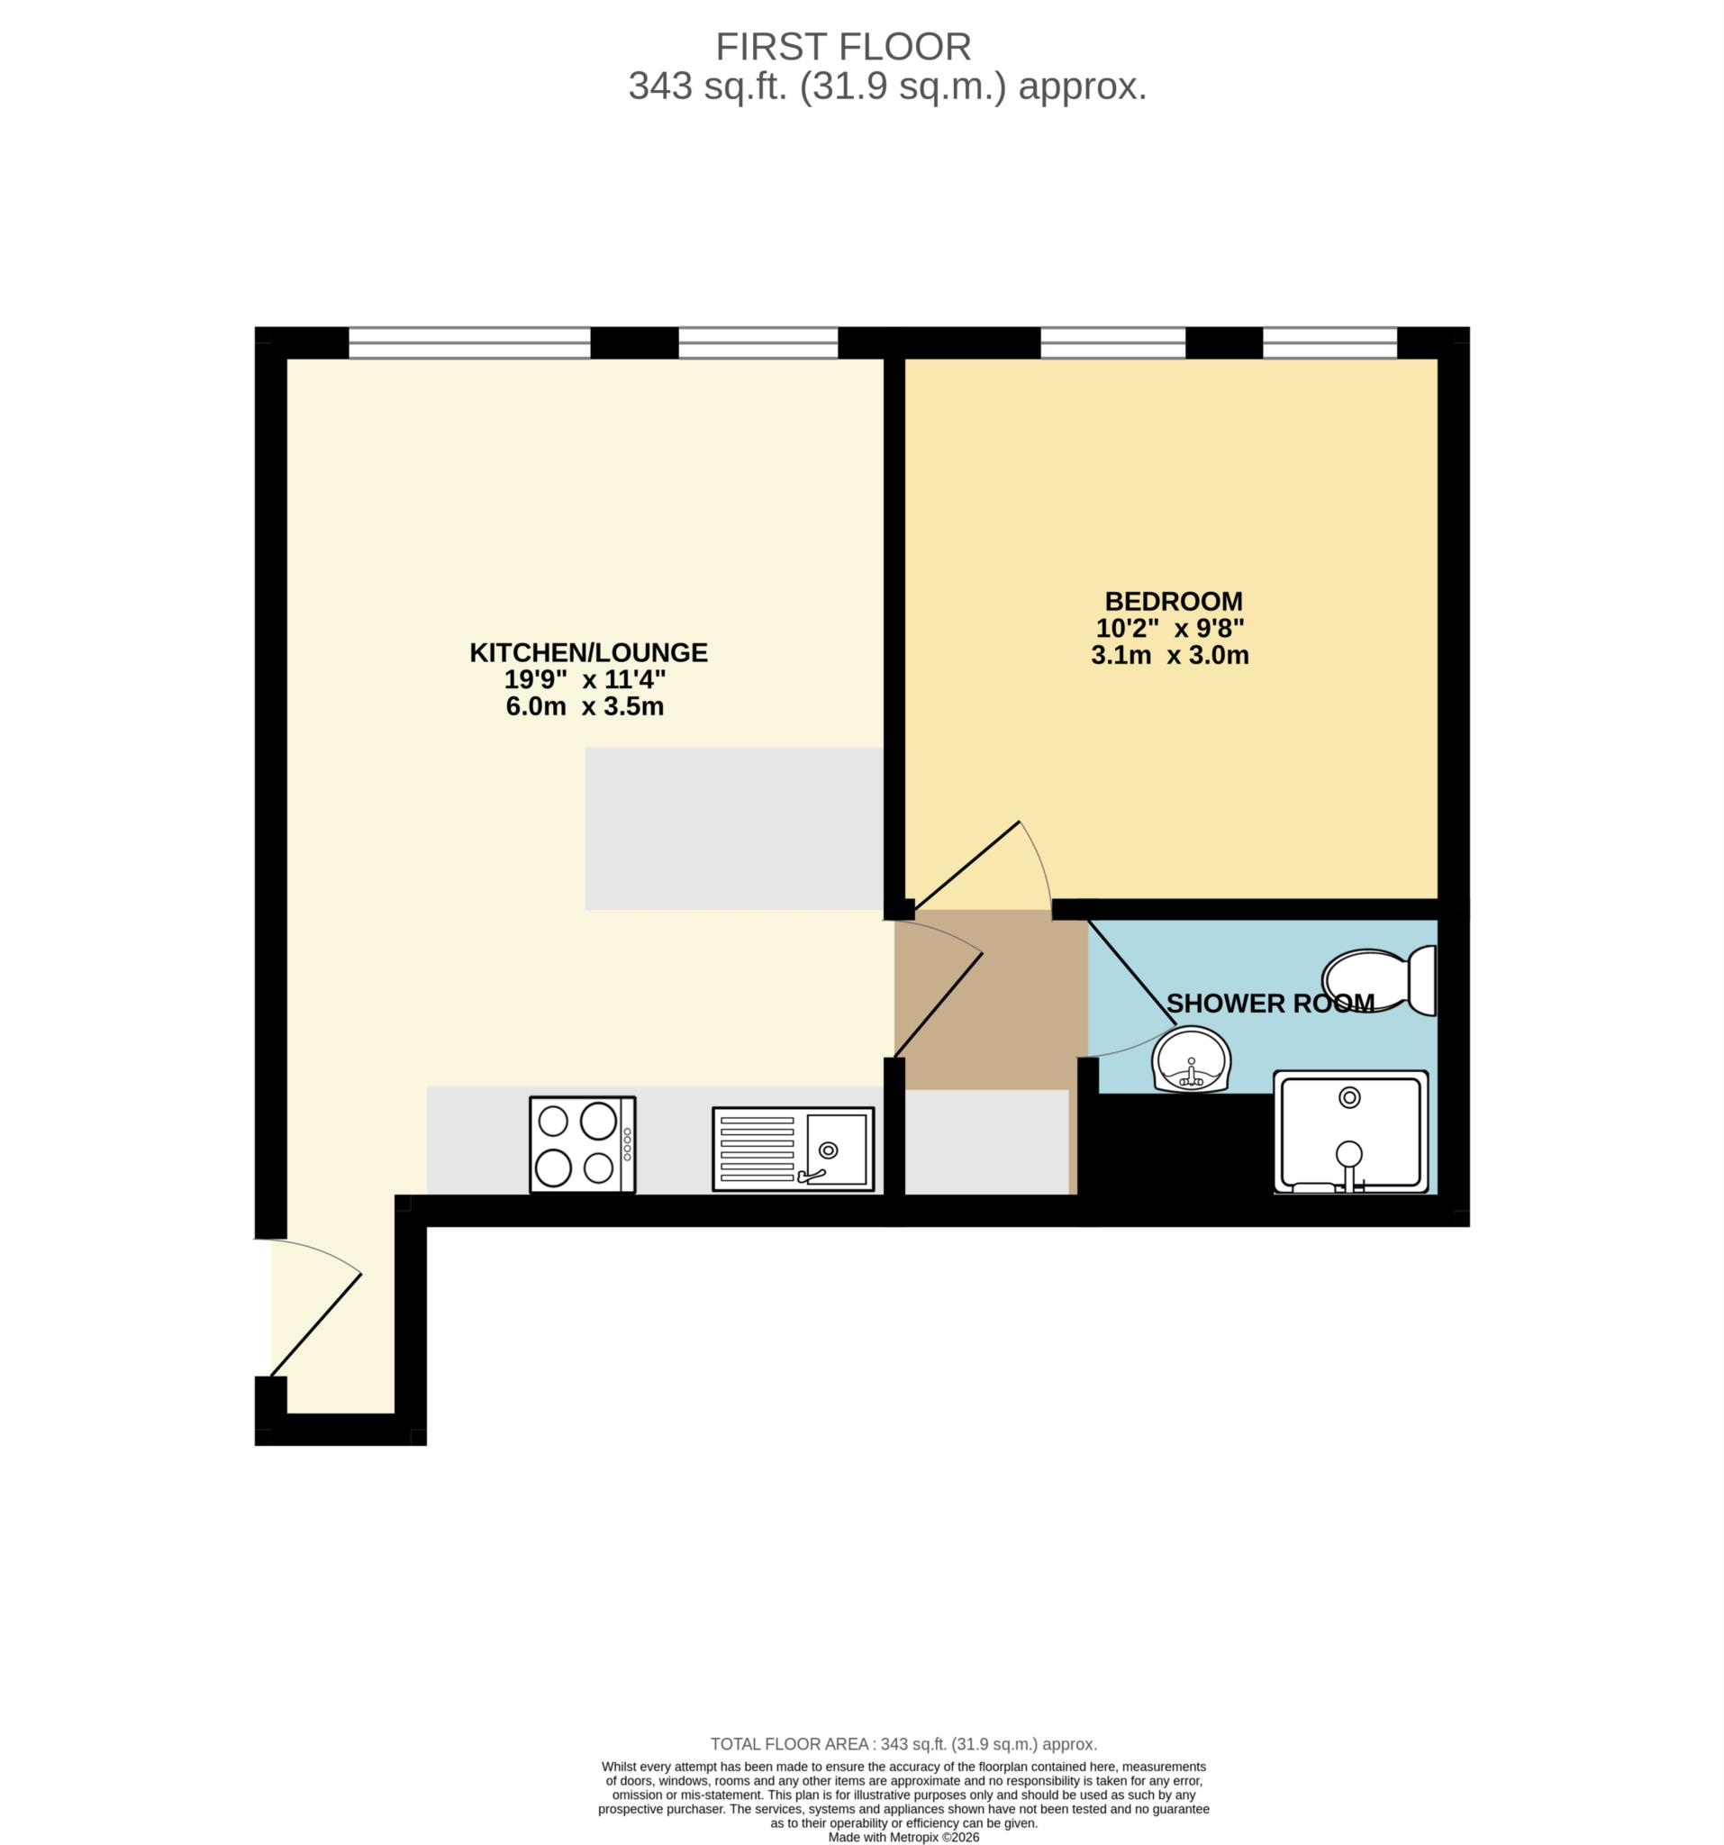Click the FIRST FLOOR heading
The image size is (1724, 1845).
click(x=842, y=47)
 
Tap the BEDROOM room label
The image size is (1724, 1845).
click(x=1173, y=601)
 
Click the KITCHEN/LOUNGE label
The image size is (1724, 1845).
click(x=588, y=652)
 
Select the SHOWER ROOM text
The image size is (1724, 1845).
click(x=1269, y=1004)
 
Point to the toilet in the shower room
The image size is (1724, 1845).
click(x=1379, y=980)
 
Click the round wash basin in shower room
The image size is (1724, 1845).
click(x=1192, y=1059)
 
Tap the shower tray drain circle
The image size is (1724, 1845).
click(x=1349, y=1097)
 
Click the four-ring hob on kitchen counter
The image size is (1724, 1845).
click(x=582, y=1144)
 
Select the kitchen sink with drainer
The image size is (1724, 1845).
click(x=793, y=1148)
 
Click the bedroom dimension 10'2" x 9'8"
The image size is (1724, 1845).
click(x=1169, y=628)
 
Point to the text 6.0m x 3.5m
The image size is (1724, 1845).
click(x=585, y=706)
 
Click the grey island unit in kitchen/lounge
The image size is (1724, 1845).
click(x=733, y=829)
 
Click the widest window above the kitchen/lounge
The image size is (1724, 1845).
click(x=469, y=342)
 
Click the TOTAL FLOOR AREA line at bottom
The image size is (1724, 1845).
click(x=903, y=1744)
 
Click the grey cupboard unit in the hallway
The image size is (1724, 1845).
click(x=986, y=1141)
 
